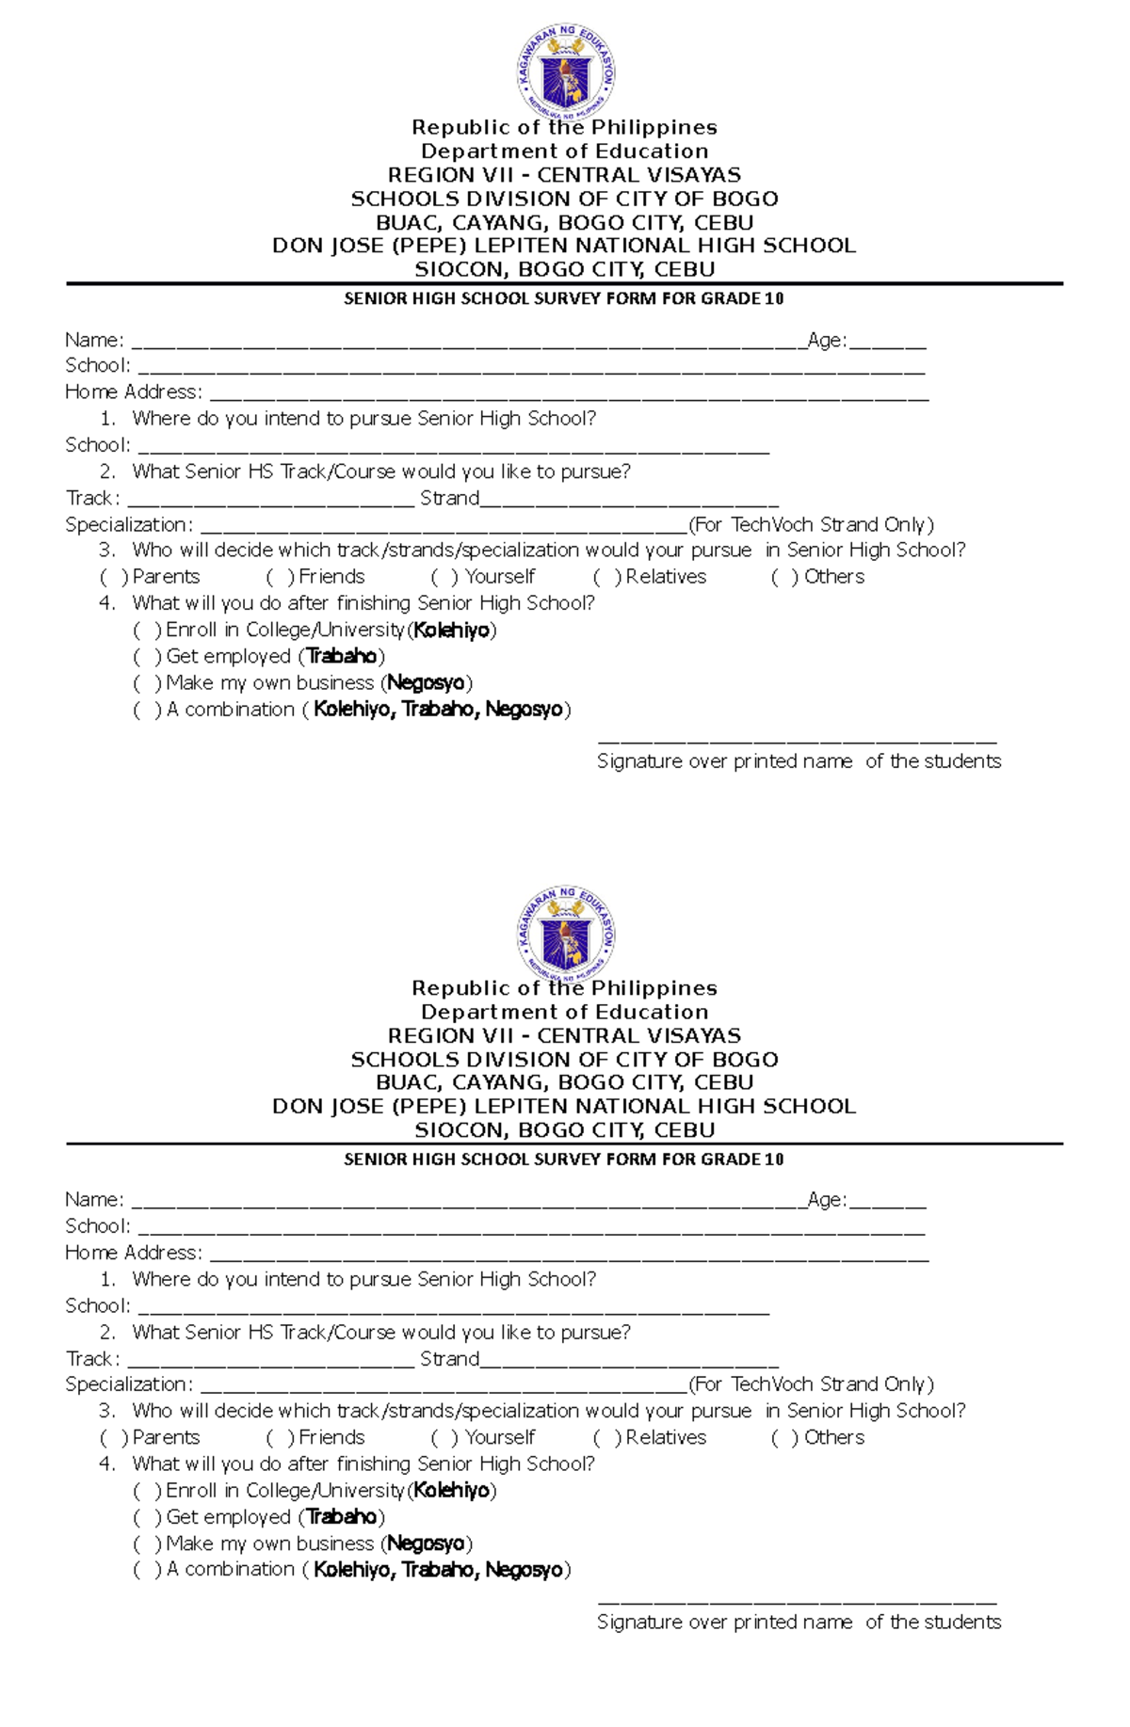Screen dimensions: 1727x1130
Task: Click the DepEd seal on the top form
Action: coord(566,72)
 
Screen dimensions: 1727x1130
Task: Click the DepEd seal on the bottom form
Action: coord(566,933)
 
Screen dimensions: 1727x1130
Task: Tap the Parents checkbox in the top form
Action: coord(112,577)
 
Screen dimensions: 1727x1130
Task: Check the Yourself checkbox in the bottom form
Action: coord(444,1438)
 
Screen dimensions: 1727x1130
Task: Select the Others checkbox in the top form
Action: coord(783,577)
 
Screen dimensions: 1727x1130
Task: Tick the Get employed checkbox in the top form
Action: coord(146,657)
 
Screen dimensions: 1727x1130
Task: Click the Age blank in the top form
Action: coord(887,343)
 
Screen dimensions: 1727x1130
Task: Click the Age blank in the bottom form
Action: coord(887,1203)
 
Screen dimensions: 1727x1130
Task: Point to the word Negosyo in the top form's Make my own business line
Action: coord(426,683)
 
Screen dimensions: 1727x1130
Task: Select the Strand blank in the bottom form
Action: coord(629,1362)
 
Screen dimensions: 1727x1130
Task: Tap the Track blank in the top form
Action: coord(270,502)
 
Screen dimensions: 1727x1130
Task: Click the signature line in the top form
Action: coord(797,742)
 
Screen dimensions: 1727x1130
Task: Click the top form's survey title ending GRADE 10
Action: coord(563,299)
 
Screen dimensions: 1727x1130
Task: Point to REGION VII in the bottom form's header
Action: coord(449,1036)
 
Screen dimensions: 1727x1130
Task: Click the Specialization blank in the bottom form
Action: coord(444,1387)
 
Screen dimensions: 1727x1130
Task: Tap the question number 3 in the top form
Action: coord(106,551)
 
